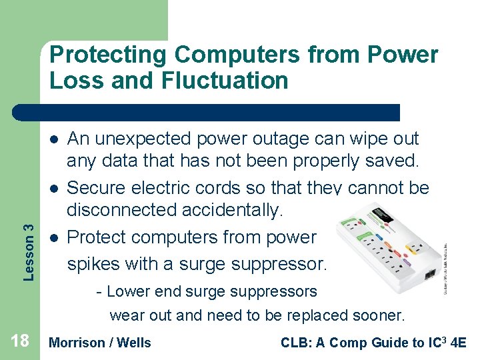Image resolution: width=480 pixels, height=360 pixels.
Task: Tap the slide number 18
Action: (20, 342)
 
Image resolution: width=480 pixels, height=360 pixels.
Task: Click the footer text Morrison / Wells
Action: (101, 343)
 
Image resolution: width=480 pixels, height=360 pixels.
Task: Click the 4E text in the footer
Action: (459, 343)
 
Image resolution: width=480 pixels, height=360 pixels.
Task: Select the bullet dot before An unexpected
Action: (53, 139)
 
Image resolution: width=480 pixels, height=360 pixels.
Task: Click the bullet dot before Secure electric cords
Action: (53, 188)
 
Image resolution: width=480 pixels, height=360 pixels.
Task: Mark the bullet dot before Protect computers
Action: (53, 237)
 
